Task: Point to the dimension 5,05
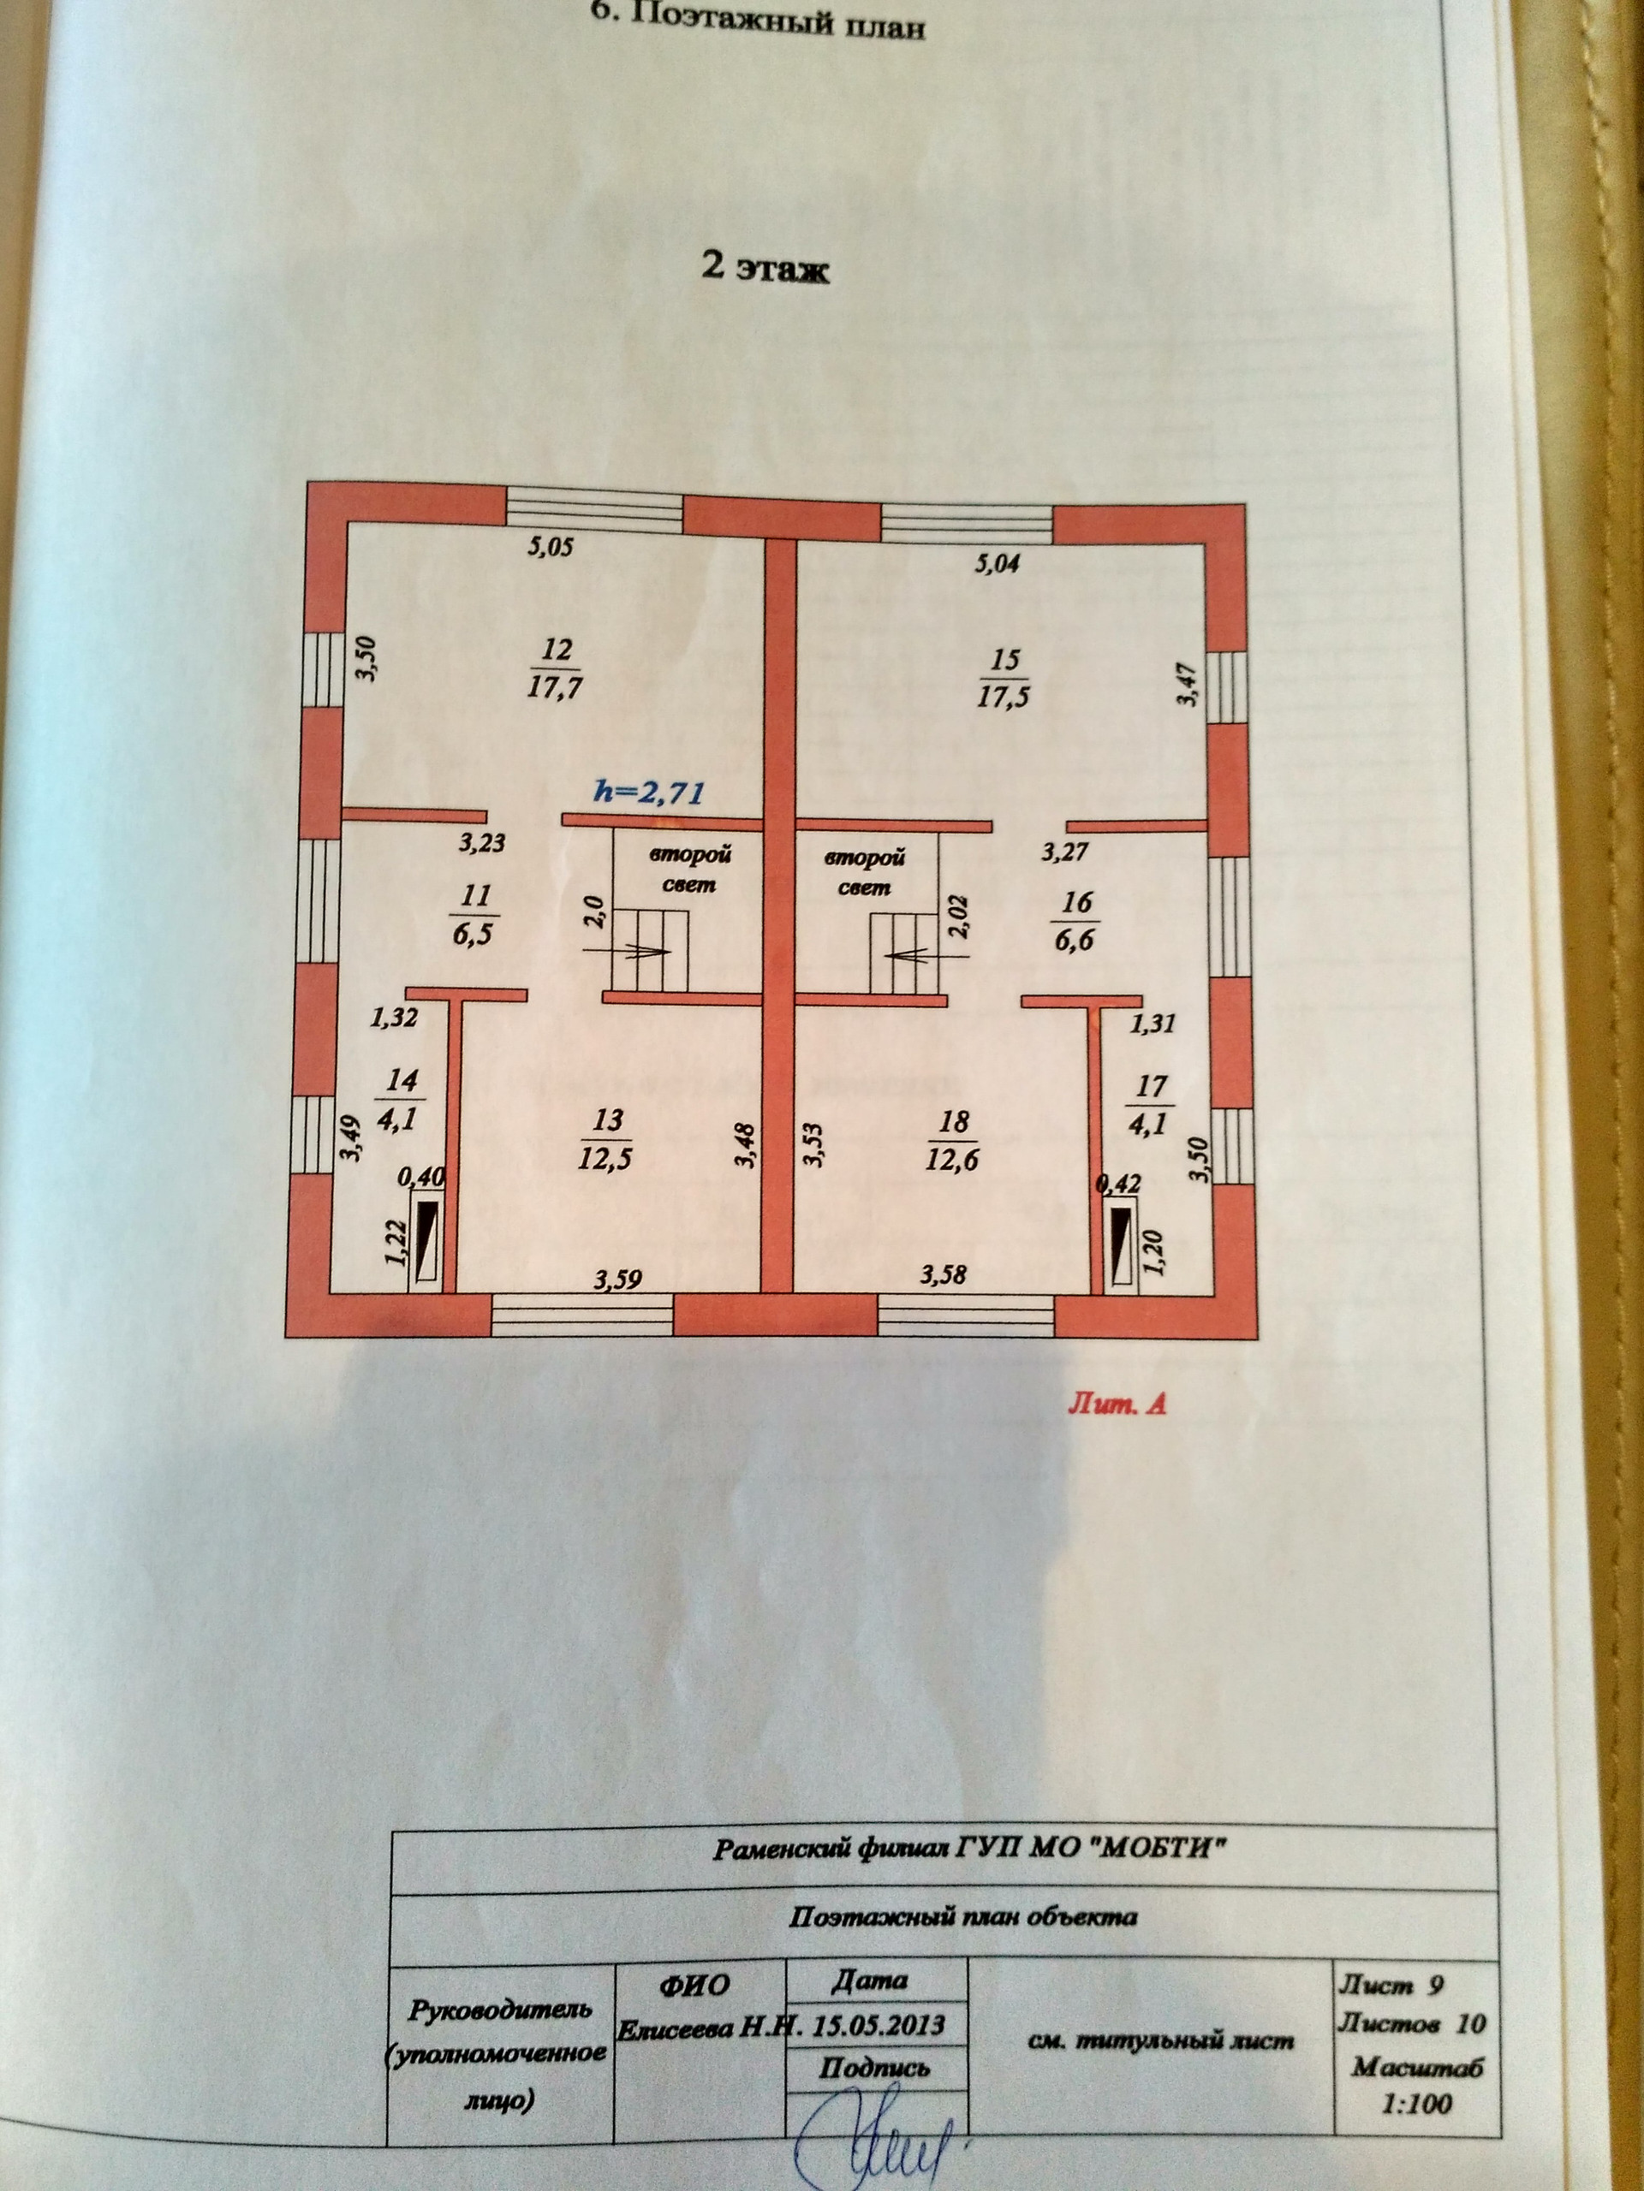[x=550, y=546]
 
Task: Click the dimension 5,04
[x=997, y=565]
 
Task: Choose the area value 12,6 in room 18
[x=951, y=1158]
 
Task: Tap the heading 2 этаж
[x=765, y=269]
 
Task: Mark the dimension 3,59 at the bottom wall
[x=618, y=1280]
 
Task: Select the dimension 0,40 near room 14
[x=421, y=1178]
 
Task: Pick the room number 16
[x=1077, y=901]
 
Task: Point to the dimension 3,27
[x=1065, y=851]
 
